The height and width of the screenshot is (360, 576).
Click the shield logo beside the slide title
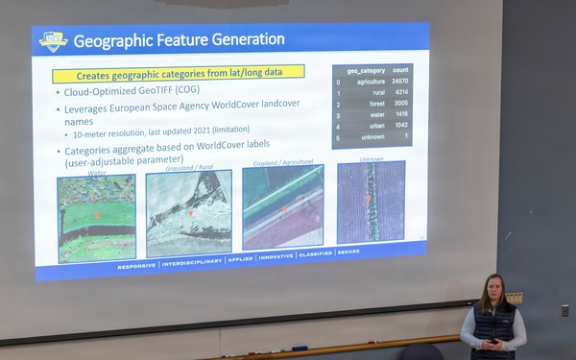pyautogui.click(x=52, y=40)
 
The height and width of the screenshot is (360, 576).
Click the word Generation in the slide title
pyautogui.click(x=243, y=39)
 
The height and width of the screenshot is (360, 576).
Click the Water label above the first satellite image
pyautogui.click(x=97, y=174)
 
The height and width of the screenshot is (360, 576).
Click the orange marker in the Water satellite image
pyautogui.click(x=97, y=216)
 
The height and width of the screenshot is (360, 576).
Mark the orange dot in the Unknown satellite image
pyautogui.click(x=367, y=198)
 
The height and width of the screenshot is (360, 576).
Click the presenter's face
pyautogui.click(x=492, y=289)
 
